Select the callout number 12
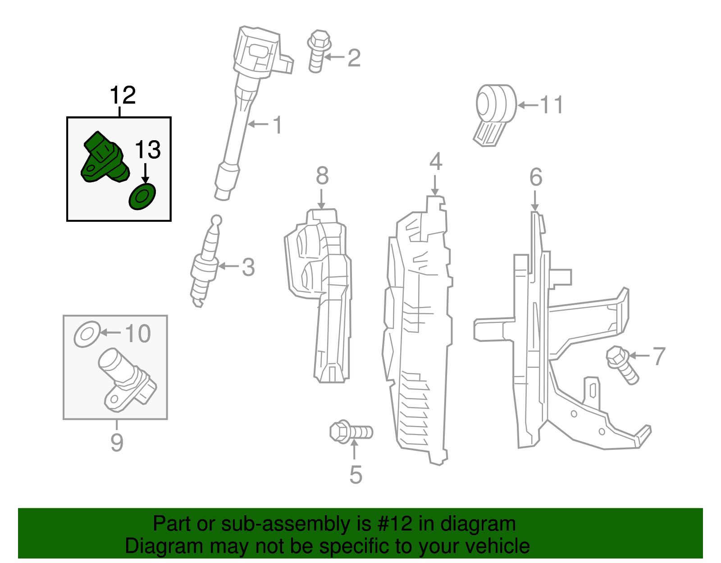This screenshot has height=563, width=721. pos(122,95)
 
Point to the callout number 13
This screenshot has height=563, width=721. pos(148,150)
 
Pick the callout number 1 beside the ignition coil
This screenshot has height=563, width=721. pos(277,125)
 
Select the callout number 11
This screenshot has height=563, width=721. pos(552,105)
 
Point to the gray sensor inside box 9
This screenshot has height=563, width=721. pos(126,380)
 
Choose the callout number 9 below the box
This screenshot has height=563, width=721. pos(117,442)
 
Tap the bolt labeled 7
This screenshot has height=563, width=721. pos(622,364)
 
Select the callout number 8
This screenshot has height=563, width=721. pos(322,176)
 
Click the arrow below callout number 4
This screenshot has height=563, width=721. pos(435,184)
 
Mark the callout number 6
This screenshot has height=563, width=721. pos(535,177)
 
